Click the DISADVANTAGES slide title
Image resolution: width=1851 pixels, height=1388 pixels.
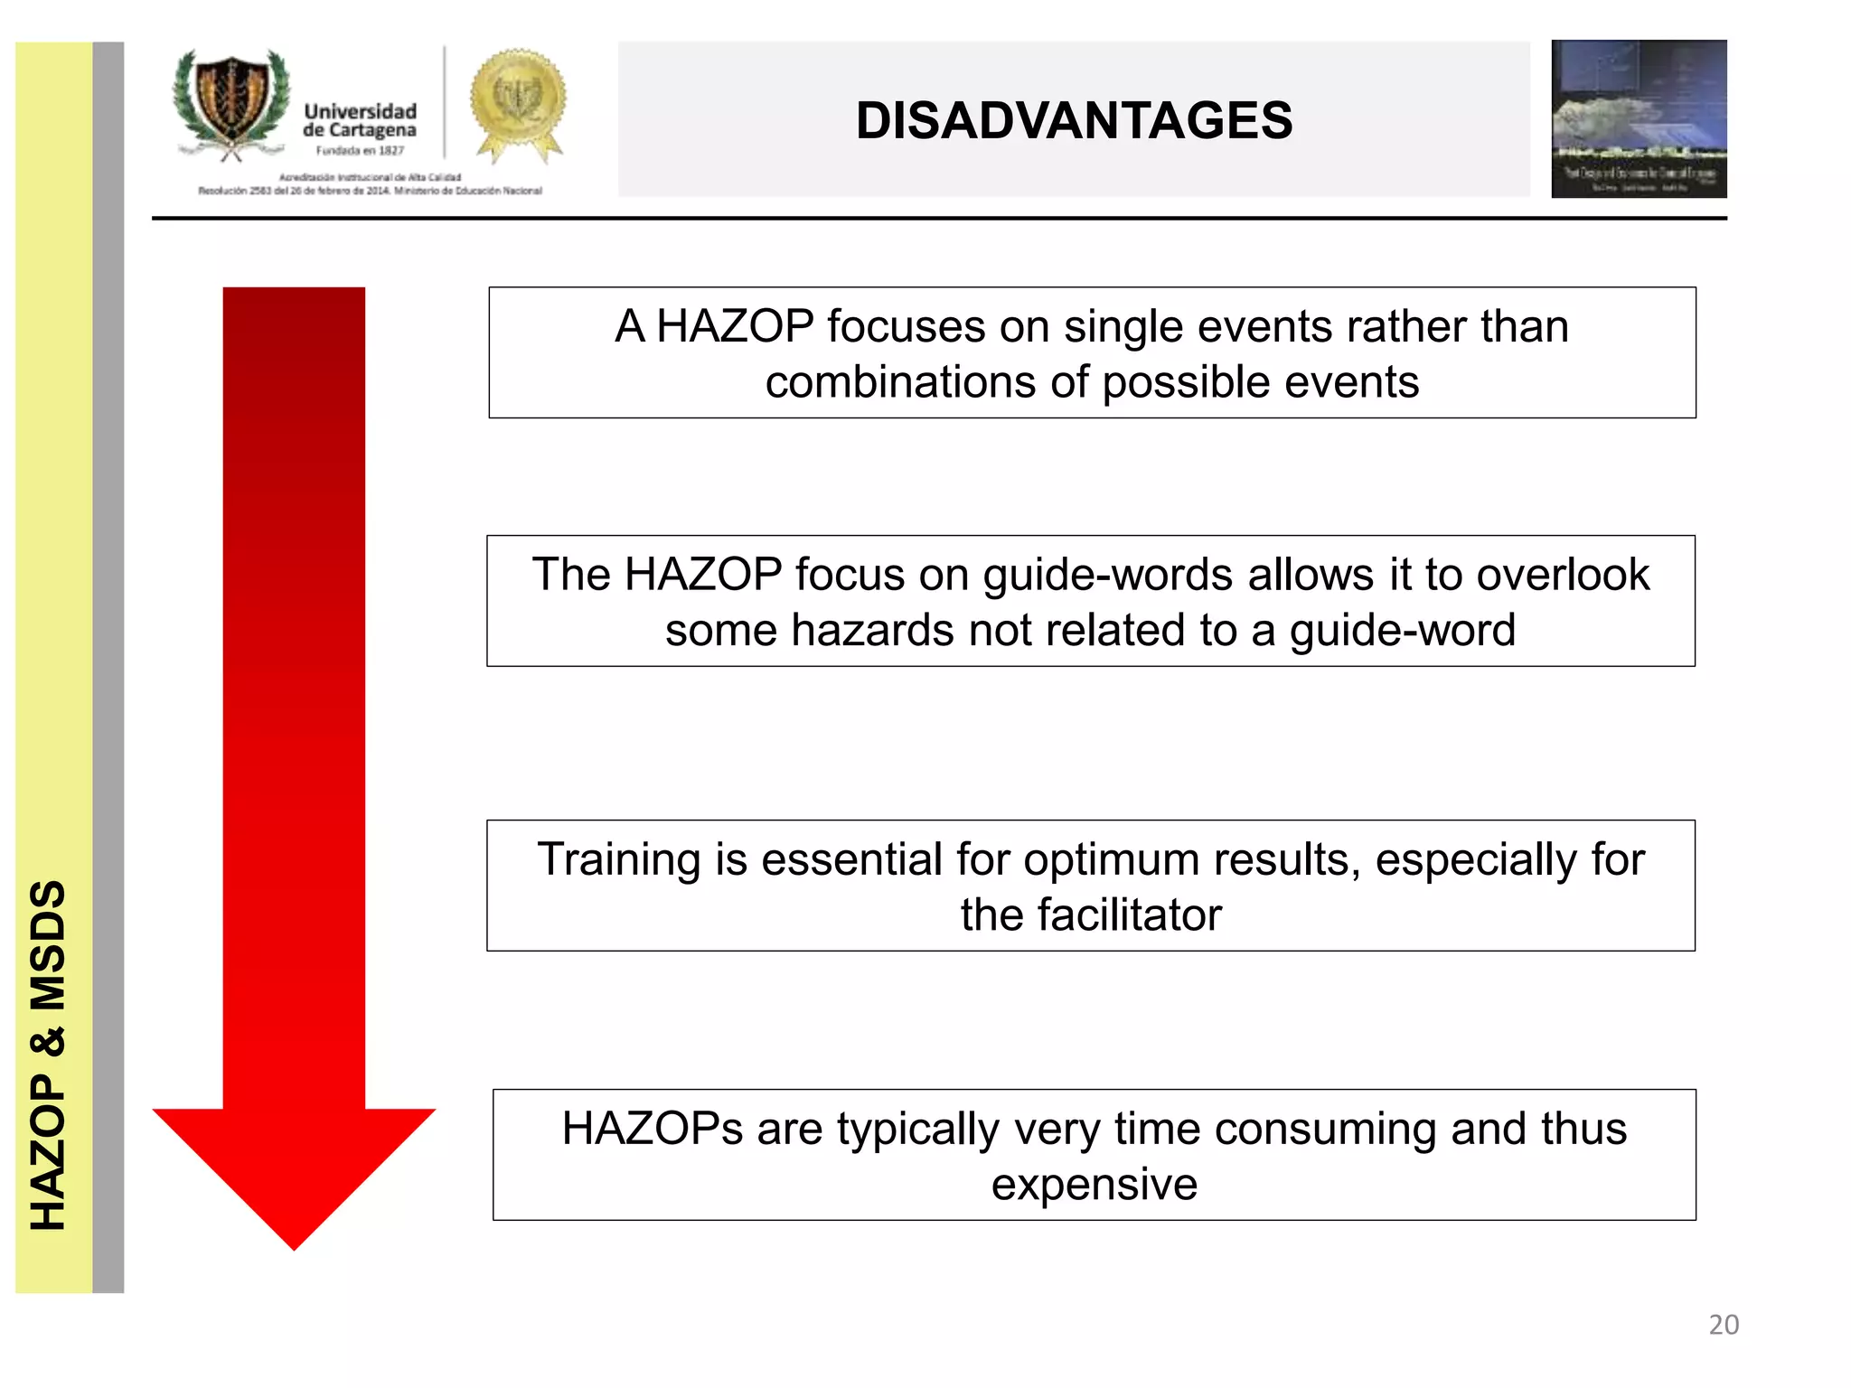pyautogui.click(x=1074, y=121)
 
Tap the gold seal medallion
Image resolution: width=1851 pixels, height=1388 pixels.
pyautogui.click(x=518, y=100)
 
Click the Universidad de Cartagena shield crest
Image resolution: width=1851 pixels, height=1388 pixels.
pyautogui.click(x=232, y=102)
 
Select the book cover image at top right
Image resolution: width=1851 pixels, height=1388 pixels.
pyautogui.click(x=1638, y=118)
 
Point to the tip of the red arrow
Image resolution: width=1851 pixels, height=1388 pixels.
pyautogui.click(x=294, y=1245)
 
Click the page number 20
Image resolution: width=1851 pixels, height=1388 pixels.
pyautogui.click(x=1723, y=1325)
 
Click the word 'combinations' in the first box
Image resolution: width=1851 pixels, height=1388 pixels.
pyautogui.click(x=900, y=382)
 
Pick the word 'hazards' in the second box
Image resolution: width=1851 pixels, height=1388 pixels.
pyautogui.click(x=874, y=631)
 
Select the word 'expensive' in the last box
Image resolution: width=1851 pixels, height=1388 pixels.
pyautogui.click(x=1094, y=1185)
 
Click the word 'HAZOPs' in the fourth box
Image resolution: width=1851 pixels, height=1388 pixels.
pyautogui.click(x=652, y=1129)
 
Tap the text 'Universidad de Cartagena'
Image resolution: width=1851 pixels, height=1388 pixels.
pyautogui.click(x=360, y=121)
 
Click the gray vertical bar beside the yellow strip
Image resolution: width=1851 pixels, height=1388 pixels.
pyautogui.click(x=108, y=667)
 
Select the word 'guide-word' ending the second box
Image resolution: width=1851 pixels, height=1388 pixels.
pyautogui.click(x=1402, y=631)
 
